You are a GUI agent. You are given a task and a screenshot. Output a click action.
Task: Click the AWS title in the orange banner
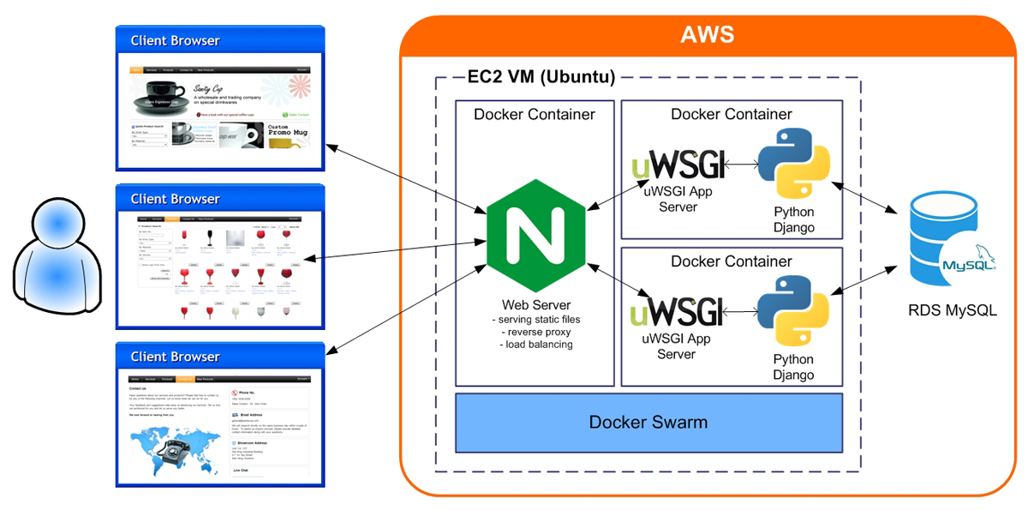pyautogui.click(x=708, y=35)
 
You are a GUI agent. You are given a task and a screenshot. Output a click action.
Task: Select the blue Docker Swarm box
pyautogui.click(x=648, y=422)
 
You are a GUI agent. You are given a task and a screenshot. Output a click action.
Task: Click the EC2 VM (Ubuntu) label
pyautogui.click(x=541, y=76)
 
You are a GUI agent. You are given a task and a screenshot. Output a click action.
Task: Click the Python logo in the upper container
pyautogui.click(x=793, y=163)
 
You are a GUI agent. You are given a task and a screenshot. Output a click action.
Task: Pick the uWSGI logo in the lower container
pyautogui.click(x=677, y=310)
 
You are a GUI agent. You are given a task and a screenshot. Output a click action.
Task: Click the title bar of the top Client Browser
pyautogui.click(x=220, y=40)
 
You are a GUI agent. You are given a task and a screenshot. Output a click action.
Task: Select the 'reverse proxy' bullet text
pyautogui.click(x=537, y=332)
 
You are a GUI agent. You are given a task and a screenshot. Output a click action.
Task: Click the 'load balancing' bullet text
pyautogui.click(x=537, y=345)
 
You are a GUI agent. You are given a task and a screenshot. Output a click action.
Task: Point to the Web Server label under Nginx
pyautogui.click(x=536, y=305)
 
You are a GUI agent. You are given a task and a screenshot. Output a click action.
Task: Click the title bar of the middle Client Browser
pyautogui.click(x=220, y=199)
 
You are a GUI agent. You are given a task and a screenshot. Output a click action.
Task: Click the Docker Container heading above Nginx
pyautogui.click(x=535, y=114)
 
